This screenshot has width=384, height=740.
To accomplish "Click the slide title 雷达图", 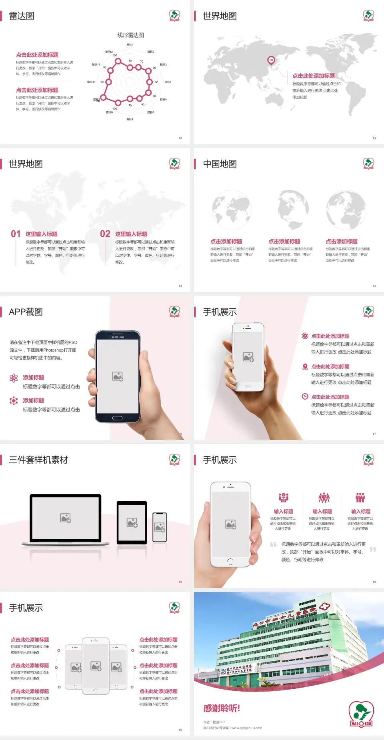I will click(x=22, y=16).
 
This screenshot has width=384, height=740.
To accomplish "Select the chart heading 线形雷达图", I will click(x=130, y=35).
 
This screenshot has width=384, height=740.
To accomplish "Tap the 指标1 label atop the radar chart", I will click(x=130, y=45).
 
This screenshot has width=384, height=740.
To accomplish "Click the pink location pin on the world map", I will click(x=271, y=60).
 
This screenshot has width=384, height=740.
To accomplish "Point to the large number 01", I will click(x=16, y=234).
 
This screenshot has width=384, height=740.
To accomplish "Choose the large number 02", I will click(x=105, y=234).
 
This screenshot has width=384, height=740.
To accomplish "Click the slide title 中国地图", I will click(x=220, y=164).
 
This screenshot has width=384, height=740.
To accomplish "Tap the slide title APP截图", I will click(x=26, y=312).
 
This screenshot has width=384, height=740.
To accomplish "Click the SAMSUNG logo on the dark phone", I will click(x=118, y=337).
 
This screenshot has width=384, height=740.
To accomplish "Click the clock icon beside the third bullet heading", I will click(x=305, y=396).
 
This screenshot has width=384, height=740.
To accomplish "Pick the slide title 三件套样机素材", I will click(x=38, y=460).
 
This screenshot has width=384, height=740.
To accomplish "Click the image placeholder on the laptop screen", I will click(x=66, y=518).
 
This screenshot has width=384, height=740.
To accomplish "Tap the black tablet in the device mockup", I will click(x=132, y=522).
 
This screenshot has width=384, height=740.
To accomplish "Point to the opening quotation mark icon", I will click(x=273, y=544).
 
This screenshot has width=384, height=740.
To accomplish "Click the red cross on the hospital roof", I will click(x=324, y=606).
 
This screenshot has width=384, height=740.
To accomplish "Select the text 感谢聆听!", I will click(x=222, y=708).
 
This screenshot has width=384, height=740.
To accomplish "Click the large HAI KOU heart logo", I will click(x=361, y=714).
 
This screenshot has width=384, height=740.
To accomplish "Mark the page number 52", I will click(x=180, y=138).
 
